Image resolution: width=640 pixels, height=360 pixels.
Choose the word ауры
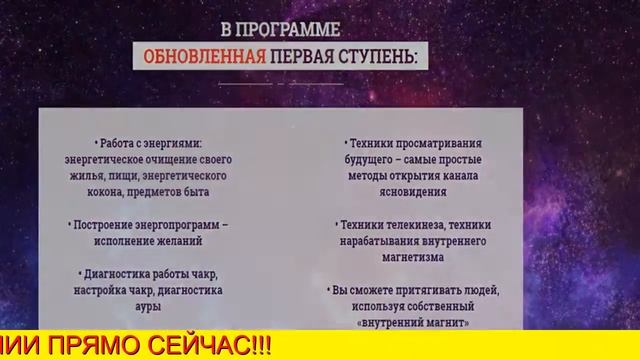tap(147, 306)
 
